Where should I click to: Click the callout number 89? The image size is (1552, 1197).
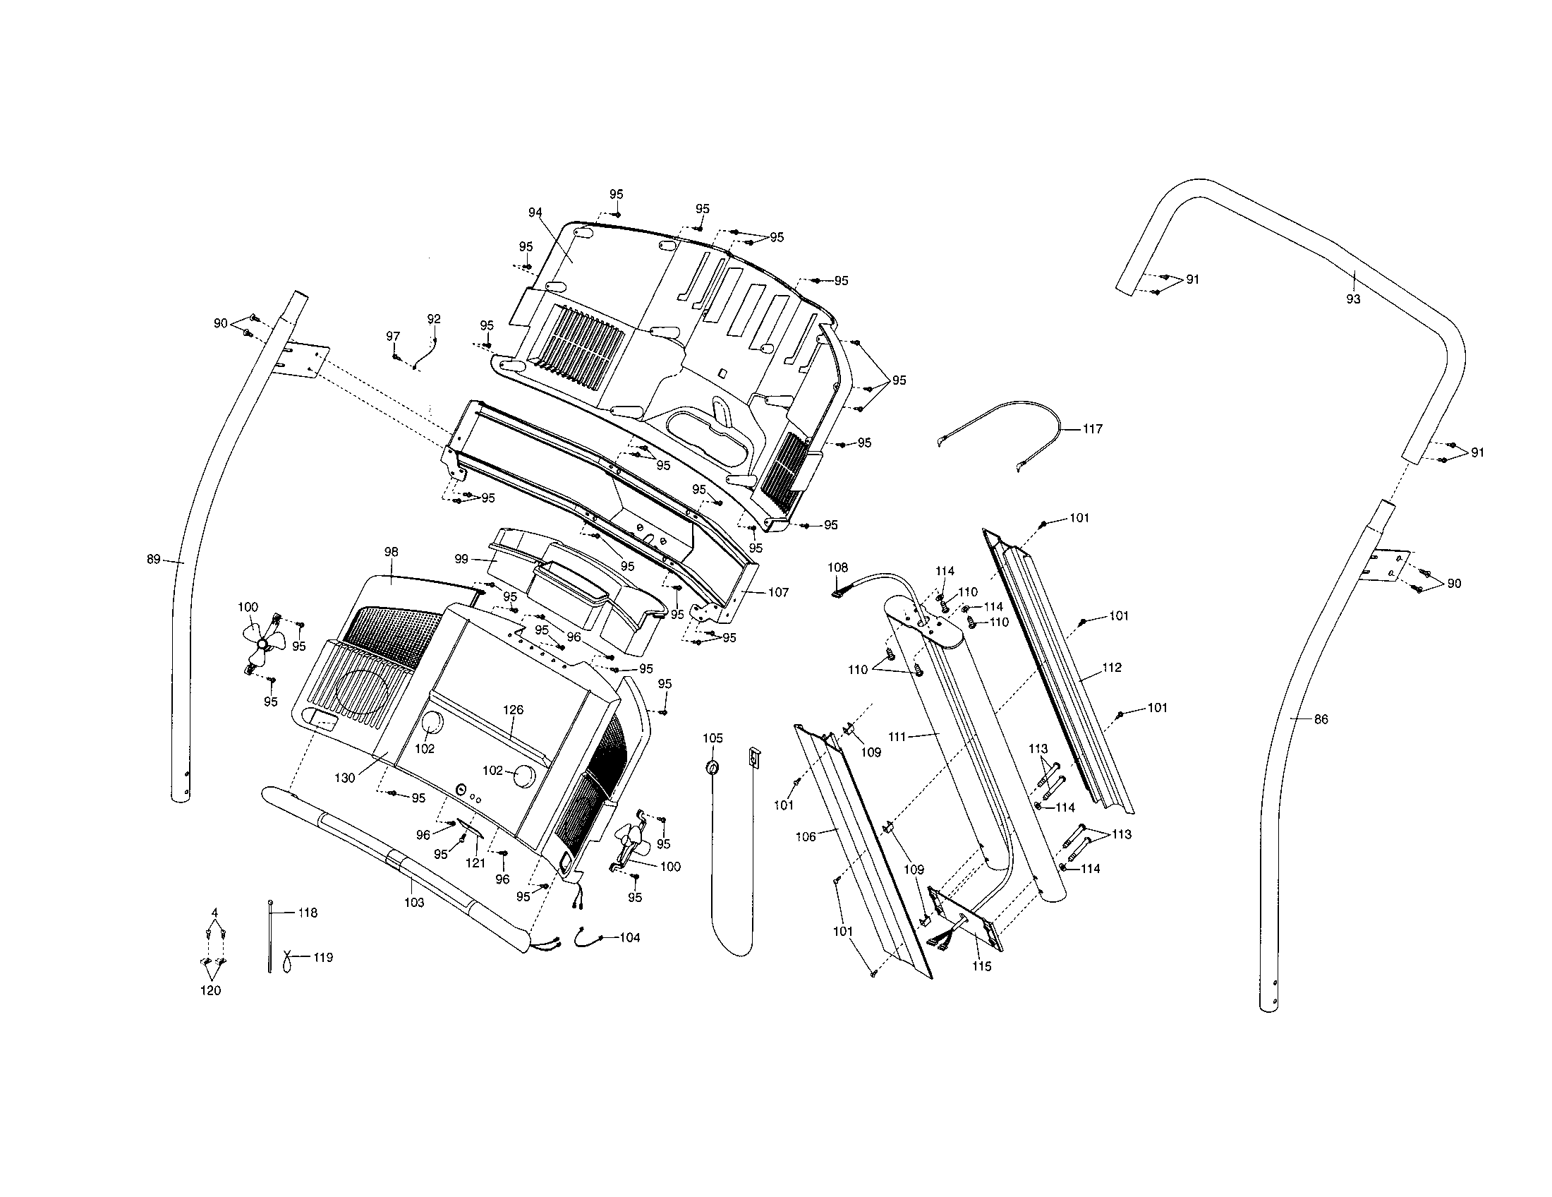point(153,560)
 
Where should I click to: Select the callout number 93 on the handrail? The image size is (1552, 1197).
point(1353,299)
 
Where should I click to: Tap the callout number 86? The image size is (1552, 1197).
point(1321,719)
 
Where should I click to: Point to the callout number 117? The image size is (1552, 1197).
point(1092,428)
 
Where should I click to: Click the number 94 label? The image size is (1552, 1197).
point(535,212)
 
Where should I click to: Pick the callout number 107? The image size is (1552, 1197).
point(779,592)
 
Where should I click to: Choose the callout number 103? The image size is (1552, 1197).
point(413,903)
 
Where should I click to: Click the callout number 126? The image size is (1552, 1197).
point(513,709)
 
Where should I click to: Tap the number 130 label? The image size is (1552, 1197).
point(345,778)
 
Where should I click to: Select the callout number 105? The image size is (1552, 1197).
point(713,738)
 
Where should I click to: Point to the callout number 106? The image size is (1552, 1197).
point(805,837)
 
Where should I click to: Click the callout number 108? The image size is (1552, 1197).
point(838,567)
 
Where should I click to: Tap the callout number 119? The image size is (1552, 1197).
point(323,958)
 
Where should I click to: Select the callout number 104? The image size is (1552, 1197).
point(629,937)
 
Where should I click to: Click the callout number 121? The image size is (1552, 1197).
point(475,863)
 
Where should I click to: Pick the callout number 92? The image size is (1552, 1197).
point(433,319)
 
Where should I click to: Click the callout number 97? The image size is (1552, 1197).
point(393,336)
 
